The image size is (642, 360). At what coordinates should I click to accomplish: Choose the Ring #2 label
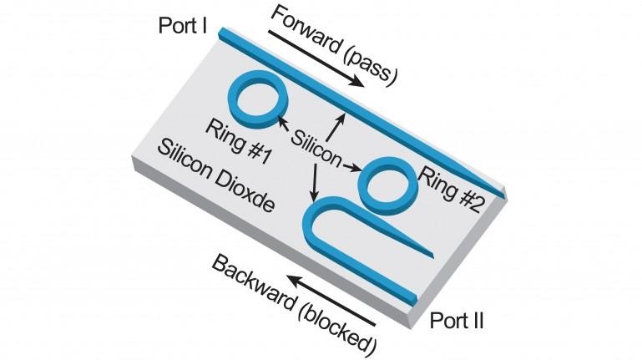point(452,189)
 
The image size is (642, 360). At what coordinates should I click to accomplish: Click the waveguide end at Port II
point(412,299)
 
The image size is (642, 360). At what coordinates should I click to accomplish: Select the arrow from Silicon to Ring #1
point(291,129)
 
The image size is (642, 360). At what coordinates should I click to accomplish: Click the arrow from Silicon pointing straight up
point(338,121)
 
